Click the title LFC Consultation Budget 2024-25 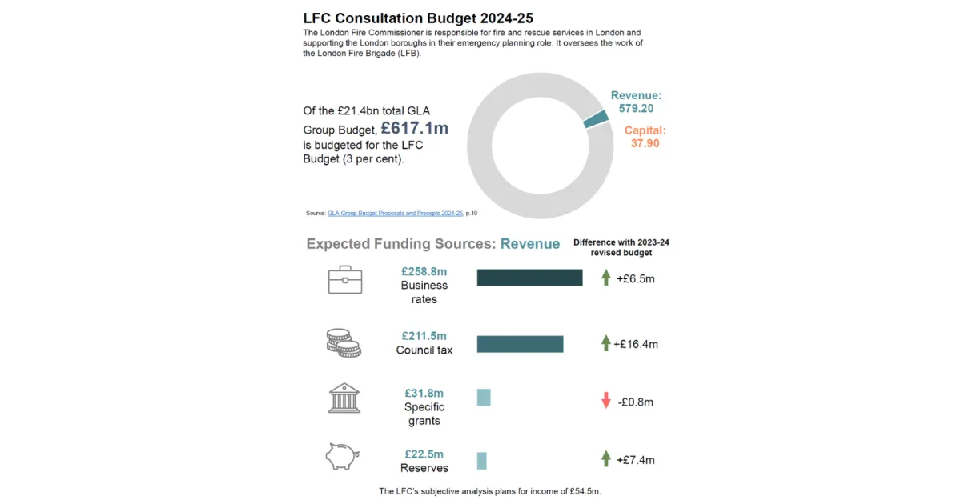coord(418,18)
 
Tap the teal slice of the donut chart coord(596,118)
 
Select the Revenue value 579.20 coord(636,109)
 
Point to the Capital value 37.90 coord(645,143)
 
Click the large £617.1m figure coord(414,128)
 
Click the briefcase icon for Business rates coord(345,279)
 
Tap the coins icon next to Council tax coord(344,342)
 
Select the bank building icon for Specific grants coord(344,398)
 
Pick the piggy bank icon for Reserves coord(344,457)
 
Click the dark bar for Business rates coord(529,278)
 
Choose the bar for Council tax coord(520,344)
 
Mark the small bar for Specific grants coord(484,397)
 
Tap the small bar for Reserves coord(481,461)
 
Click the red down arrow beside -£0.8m coord(606,401)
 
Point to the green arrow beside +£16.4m coord(606,343)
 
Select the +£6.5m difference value coord(636,279)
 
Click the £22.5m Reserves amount coord(424,454)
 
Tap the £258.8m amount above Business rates coord(424,272)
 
